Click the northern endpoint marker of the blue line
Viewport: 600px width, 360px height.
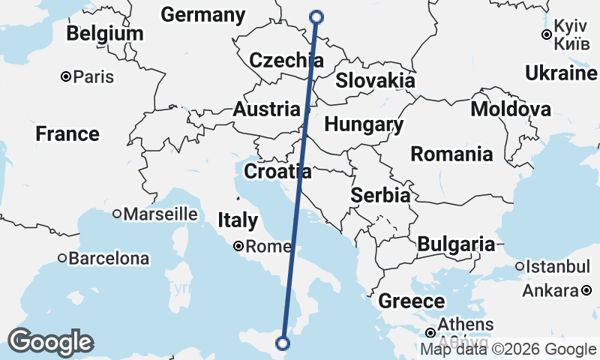pos(316,16)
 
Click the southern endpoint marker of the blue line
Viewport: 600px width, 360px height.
pos(283,343)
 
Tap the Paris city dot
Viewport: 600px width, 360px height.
pos(67,76)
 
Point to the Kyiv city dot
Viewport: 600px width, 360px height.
pos(547,34)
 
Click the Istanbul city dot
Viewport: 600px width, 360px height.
pos(519,266)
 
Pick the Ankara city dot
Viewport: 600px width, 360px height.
pos(586,290)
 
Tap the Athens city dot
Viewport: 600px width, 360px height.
pos(431,332)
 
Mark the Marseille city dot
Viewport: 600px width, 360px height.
pos(117,214)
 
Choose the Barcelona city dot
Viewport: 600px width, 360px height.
pos(62,259)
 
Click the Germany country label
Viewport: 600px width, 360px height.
pos(202,15)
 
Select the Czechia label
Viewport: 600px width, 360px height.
pos(286,61)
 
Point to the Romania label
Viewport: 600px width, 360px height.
pos(451,154)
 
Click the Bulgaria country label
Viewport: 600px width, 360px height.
pos(456,244)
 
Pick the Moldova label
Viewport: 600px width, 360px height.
pos(510,109)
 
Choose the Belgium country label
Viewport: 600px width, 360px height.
pos(104,34)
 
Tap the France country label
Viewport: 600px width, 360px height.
pos(67,134)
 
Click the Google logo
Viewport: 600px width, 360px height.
pos(50,342)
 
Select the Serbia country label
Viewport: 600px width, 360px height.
pos(381,196)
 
